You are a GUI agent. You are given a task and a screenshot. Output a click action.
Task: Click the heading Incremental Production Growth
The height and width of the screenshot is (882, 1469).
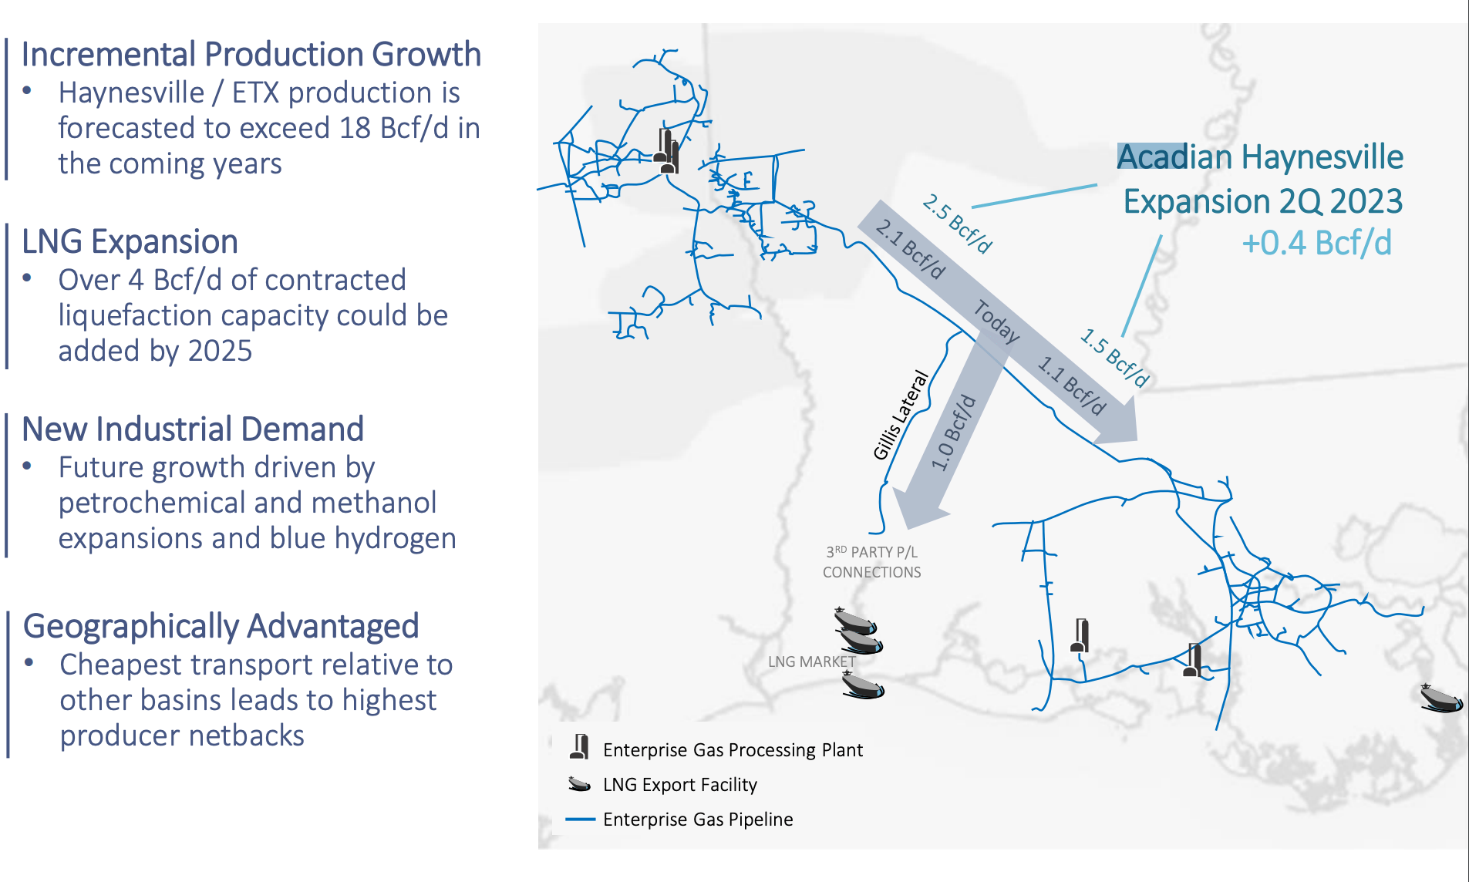pos(251,55)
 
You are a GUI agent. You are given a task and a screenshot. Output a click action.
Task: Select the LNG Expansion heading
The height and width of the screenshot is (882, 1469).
pos(130,242)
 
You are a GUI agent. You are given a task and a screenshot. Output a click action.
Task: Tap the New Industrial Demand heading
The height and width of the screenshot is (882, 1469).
pos(193,429)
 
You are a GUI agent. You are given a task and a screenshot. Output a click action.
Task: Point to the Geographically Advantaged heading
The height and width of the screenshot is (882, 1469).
pos(221,626)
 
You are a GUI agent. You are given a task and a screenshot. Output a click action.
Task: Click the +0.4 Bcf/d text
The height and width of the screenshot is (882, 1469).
pos(1316,244)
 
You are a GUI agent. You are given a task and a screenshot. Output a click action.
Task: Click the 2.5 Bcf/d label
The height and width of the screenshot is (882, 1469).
pos(957,224)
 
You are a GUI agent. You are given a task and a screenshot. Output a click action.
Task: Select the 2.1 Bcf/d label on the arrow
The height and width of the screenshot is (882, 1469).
pos(910,248)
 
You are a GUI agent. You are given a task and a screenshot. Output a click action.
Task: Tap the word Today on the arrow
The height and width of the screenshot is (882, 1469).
pos(996,320)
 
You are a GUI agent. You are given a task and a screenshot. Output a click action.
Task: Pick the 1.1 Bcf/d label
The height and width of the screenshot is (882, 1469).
pos(1072,385)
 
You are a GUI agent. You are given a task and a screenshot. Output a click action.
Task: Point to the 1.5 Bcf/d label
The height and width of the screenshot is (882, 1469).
pos(1115,357)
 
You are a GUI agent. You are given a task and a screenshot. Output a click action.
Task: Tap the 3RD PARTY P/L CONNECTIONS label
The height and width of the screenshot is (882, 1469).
pos(871,562)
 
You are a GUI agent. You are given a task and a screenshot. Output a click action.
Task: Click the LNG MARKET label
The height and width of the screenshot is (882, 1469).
pos(811,661)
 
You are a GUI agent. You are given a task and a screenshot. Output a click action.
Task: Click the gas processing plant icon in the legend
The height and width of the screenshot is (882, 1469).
pos(579,747)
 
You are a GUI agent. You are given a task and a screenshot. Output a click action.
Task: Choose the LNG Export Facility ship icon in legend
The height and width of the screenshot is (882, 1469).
pos(579,784)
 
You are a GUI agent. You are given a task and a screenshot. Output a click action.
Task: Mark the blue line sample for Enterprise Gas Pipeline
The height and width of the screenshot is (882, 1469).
pos(580,819)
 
